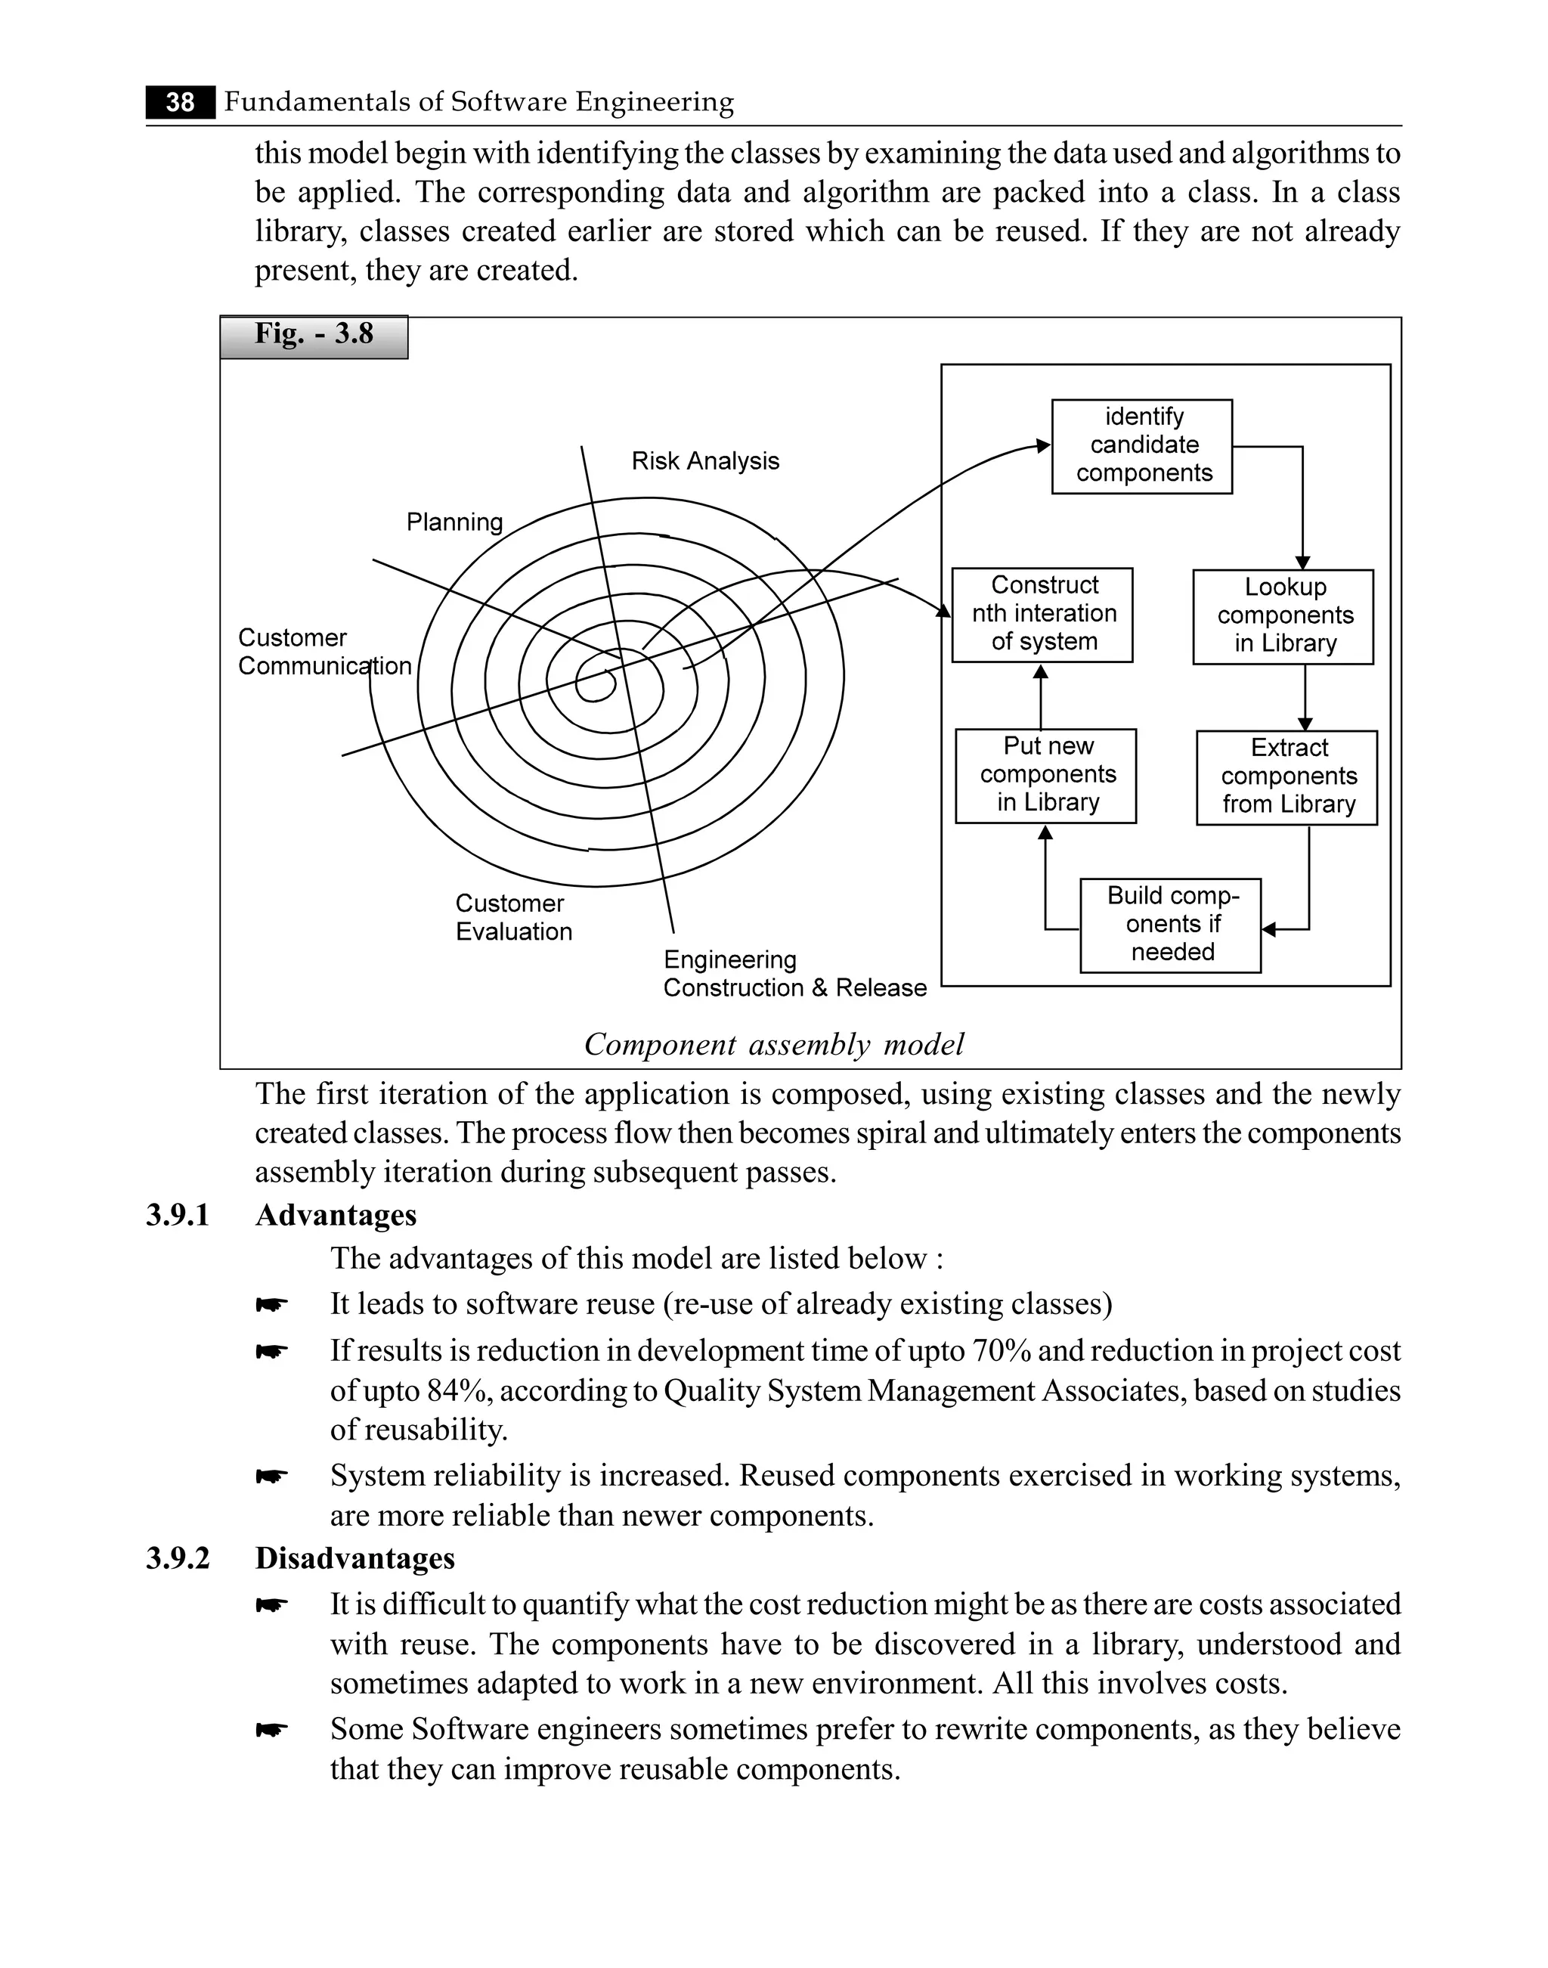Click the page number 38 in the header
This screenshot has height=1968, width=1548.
pyautogui.click(x=181, y=102)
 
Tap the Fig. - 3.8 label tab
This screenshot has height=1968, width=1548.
pyautogui.click(x=314, y=336)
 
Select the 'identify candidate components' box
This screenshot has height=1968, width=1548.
pyautogui.click(x=1142, y=446)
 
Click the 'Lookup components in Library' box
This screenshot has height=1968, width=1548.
pyautogui.click(x=1283, y=616)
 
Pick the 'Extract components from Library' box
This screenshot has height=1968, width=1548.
pyautogui.click(x=1287, y=777)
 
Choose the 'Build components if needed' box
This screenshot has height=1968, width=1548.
pyautogui.click(x=1171, y=925)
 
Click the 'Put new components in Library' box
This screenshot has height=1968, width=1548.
pyautogui.click(x=1046, y=775)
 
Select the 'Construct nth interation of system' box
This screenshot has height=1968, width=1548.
pyautogui.click(x=1042, y=615)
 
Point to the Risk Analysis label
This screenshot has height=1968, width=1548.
pyautogui.click(x=705, y=461)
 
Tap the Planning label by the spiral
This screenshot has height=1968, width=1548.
pyautogui.click(x=454, y=522)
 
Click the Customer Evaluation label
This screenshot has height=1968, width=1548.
pyautogui.click(x=513, y=917)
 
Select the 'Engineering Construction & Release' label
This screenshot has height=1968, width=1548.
pyautogui.click(x=794, y=974)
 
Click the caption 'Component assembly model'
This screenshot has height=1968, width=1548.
pyautogui.click(x=774, y=1045)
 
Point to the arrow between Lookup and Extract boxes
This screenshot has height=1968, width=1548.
pyautogui.click(x=1305, y=698)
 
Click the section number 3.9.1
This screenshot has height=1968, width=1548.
pyautogui.click(x=178, y=1216)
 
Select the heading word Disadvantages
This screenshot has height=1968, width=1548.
pyautogui.click(x=354, y=1558)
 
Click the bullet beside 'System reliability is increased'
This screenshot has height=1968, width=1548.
pyautogui.click(x=271, y=1477)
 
